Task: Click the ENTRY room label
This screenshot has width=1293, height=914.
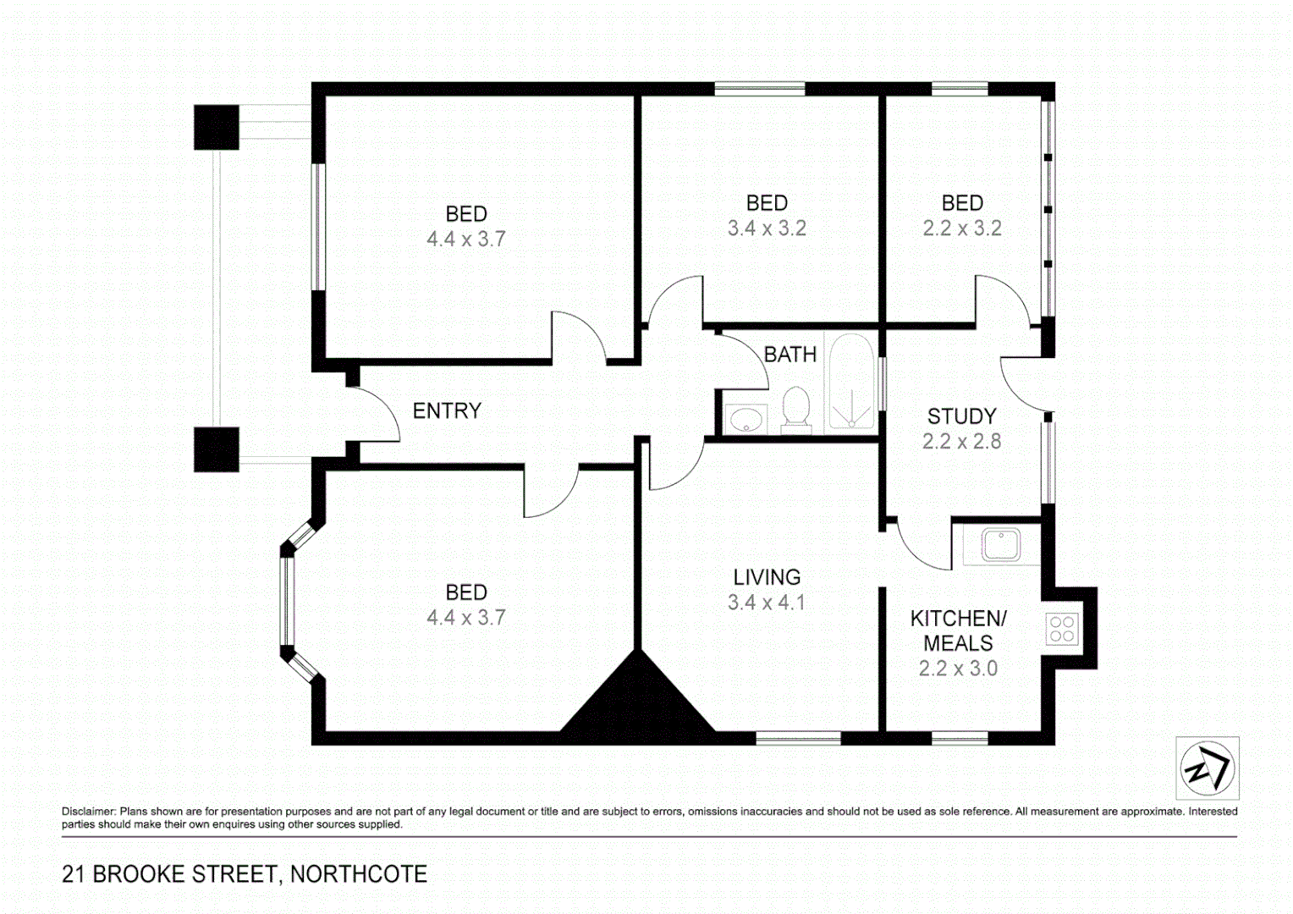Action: (447, 411)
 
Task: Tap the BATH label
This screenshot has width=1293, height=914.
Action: (790, 355)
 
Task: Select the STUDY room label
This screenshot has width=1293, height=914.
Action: (961, 416)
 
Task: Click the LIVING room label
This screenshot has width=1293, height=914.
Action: (767, 577)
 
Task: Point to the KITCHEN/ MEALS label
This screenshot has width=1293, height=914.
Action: (958, 630)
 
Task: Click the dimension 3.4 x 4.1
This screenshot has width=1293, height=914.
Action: (767, 603)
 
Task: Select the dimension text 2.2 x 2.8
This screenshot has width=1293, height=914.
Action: (961, 442)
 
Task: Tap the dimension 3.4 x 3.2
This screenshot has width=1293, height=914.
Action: (767, 228)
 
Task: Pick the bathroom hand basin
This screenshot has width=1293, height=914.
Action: (746, 418)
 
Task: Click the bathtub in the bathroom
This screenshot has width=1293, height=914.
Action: (850, 382)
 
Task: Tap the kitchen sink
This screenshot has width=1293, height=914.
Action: (1001, 545)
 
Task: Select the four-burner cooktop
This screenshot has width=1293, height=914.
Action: (1061, 629)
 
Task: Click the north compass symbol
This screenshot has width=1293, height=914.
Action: (1208, 768)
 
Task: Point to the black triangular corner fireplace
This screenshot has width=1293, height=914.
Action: (637, 701)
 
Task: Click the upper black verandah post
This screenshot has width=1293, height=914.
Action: (217, 128)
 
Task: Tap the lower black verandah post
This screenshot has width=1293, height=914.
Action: (217, 449)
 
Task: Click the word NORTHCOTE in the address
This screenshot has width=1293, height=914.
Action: (359, 874)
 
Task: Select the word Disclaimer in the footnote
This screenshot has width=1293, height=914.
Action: (88, 812)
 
